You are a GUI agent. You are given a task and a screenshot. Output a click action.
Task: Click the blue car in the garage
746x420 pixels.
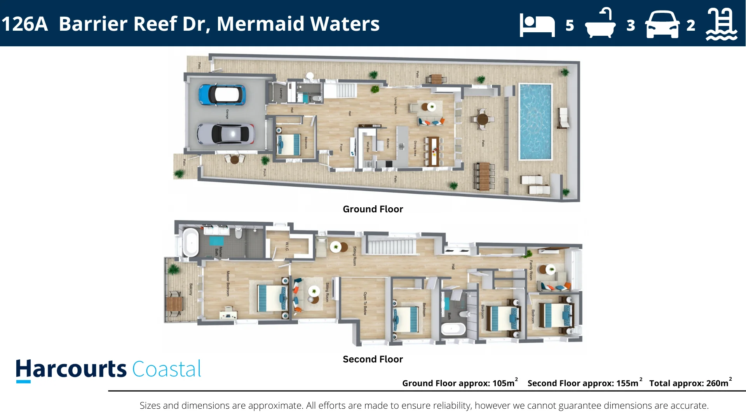(222, 94)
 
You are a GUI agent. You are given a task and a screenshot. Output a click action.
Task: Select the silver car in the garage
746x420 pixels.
(225, 134)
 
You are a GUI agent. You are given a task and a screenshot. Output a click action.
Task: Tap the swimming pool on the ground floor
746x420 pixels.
(535, 122)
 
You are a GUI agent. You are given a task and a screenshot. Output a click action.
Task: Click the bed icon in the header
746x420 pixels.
(537, 25)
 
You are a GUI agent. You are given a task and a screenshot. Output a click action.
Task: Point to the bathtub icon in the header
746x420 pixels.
(600, 24)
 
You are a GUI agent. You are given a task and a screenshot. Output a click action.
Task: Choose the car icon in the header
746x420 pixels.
(662, 25)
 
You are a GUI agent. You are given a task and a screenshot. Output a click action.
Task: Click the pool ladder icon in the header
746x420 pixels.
(721, 24)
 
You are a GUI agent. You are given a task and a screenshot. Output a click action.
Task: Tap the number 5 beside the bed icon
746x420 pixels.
(570, 26)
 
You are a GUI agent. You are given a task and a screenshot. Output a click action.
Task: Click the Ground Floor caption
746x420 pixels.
(373, 209)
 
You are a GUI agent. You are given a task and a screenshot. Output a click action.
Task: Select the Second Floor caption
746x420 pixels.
(373, 359)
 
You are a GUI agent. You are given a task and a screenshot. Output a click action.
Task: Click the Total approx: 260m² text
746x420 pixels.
(690, 383)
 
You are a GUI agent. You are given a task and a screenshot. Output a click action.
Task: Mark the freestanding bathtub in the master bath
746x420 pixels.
(190, 243)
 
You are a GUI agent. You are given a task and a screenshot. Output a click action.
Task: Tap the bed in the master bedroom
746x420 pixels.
(271, 298)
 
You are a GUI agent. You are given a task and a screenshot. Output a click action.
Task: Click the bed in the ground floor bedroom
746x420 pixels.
(289, 144)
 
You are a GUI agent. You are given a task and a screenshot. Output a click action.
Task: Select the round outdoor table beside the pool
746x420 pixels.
(482, 119)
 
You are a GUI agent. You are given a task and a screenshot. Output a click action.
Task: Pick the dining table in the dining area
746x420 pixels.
(432, 151)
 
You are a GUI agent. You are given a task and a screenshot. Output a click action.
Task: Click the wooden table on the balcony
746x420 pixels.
(174, 304)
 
